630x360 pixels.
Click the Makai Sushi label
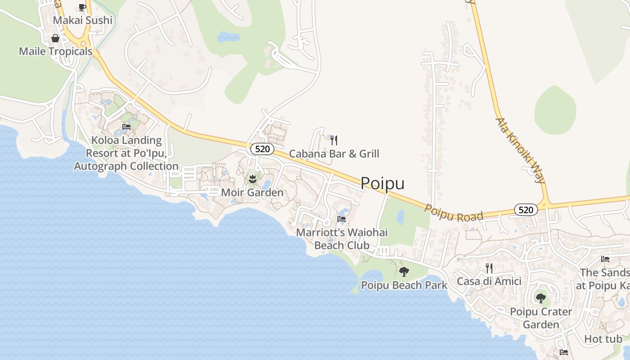coord(82,20)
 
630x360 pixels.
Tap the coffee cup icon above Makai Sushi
coord(82,7)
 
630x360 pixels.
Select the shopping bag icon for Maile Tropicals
coord(55,39)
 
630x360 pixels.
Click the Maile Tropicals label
coord(55,51)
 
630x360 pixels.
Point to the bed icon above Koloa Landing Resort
coord(126,127)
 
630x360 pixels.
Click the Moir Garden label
coord(252,193)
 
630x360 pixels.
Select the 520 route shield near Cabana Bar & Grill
coord(262,149)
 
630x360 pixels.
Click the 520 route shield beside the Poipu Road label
coord(526,210)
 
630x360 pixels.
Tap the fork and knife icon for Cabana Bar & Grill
coord(334,140)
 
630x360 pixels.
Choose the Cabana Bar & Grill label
coord(334,154)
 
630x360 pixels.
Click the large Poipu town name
coord(382,183)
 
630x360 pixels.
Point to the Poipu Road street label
coord(454,213)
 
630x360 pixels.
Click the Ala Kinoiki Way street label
coord(521,150)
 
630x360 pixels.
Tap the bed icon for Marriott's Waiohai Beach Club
coord(342,220)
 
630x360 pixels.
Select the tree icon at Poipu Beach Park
coord(404,272)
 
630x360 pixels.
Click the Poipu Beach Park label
coord(404,285)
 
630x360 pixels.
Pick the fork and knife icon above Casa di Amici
coord(489,268)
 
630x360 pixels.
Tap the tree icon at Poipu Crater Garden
coord(540,298)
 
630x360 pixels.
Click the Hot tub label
coord(603,339)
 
